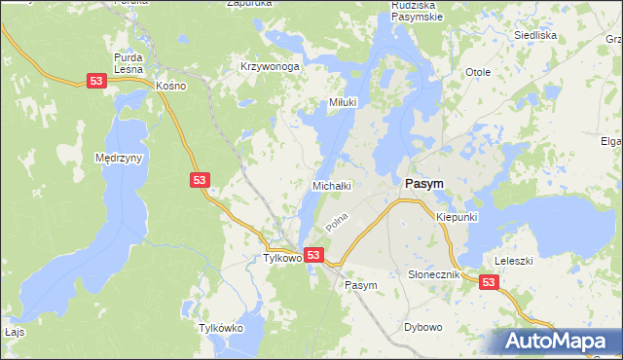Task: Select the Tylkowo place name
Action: pos(281,259)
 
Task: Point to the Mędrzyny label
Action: pos(120,158)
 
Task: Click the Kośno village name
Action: pos(169,86)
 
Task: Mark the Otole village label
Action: pos(477,73)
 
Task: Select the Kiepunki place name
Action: pos(457,217)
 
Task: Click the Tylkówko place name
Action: pos(220,329)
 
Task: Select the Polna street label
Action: pos(337,223)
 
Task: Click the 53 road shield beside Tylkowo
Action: pos(313,255)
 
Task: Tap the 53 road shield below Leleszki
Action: pos(489,282)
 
